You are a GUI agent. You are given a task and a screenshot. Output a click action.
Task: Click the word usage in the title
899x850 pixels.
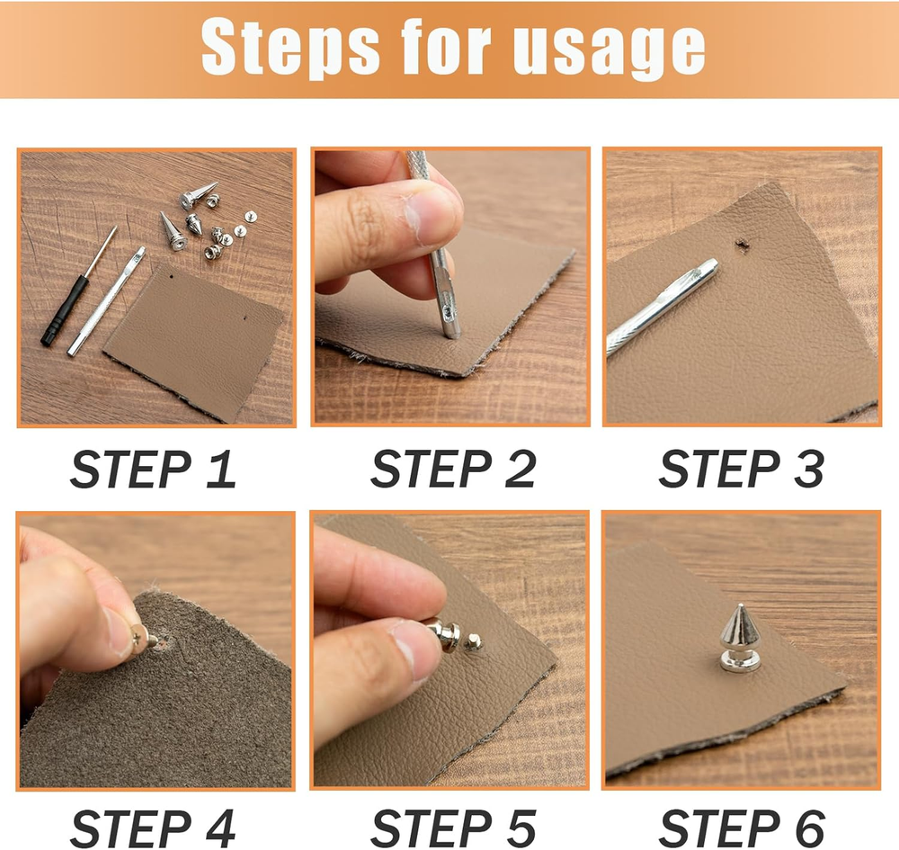pyautogui.click(x=609, y=51)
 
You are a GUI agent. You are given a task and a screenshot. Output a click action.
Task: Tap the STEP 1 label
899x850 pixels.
pyautogui.click(x=153, y=469)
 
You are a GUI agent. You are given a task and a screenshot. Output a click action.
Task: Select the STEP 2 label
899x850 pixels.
pyautogui.click(x=453, y=469)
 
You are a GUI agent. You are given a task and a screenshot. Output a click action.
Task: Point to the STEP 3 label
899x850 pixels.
pyautogui.click(x=742, y=469)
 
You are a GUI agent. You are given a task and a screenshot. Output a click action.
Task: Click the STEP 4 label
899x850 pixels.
pyautogui.click(x=153, y=828)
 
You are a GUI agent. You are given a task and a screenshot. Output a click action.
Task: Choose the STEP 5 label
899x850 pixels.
pyautogui.click(x=453, y=828)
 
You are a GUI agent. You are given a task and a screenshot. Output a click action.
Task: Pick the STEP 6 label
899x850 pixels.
pyautogui.click(x=742, y=828)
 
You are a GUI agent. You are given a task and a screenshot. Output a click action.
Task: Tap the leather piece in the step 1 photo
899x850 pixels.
pyautogui.click(x=194, y=342)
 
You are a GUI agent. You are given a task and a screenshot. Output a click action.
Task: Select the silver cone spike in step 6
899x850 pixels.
pyautogui.click(x=740, y=637)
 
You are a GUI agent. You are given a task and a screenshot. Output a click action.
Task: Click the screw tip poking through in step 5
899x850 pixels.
pyautogui.click(x=473, y=641)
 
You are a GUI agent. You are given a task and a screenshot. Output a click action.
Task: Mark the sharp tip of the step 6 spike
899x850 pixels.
pyautogui.click(x=742, y=604)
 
